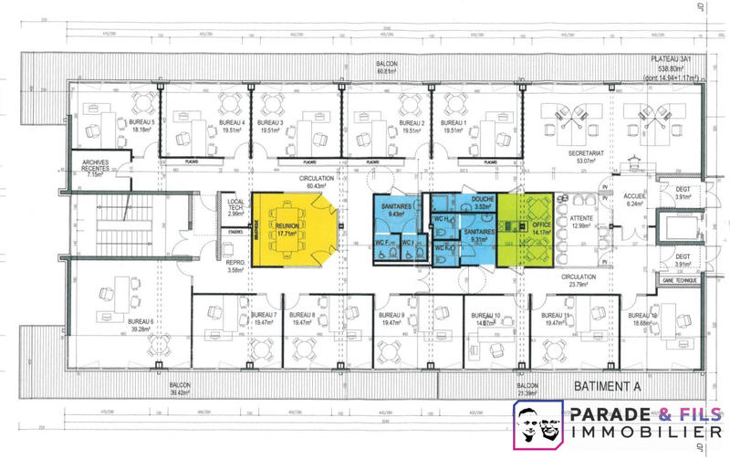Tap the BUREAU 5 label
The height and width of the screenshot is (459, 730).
(x=142, y=126)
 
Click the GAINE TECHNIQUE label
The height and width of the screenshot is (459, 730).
(x=673, y=281)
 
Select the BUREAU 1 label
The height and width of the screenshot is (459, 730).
(x=454, y=126)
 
